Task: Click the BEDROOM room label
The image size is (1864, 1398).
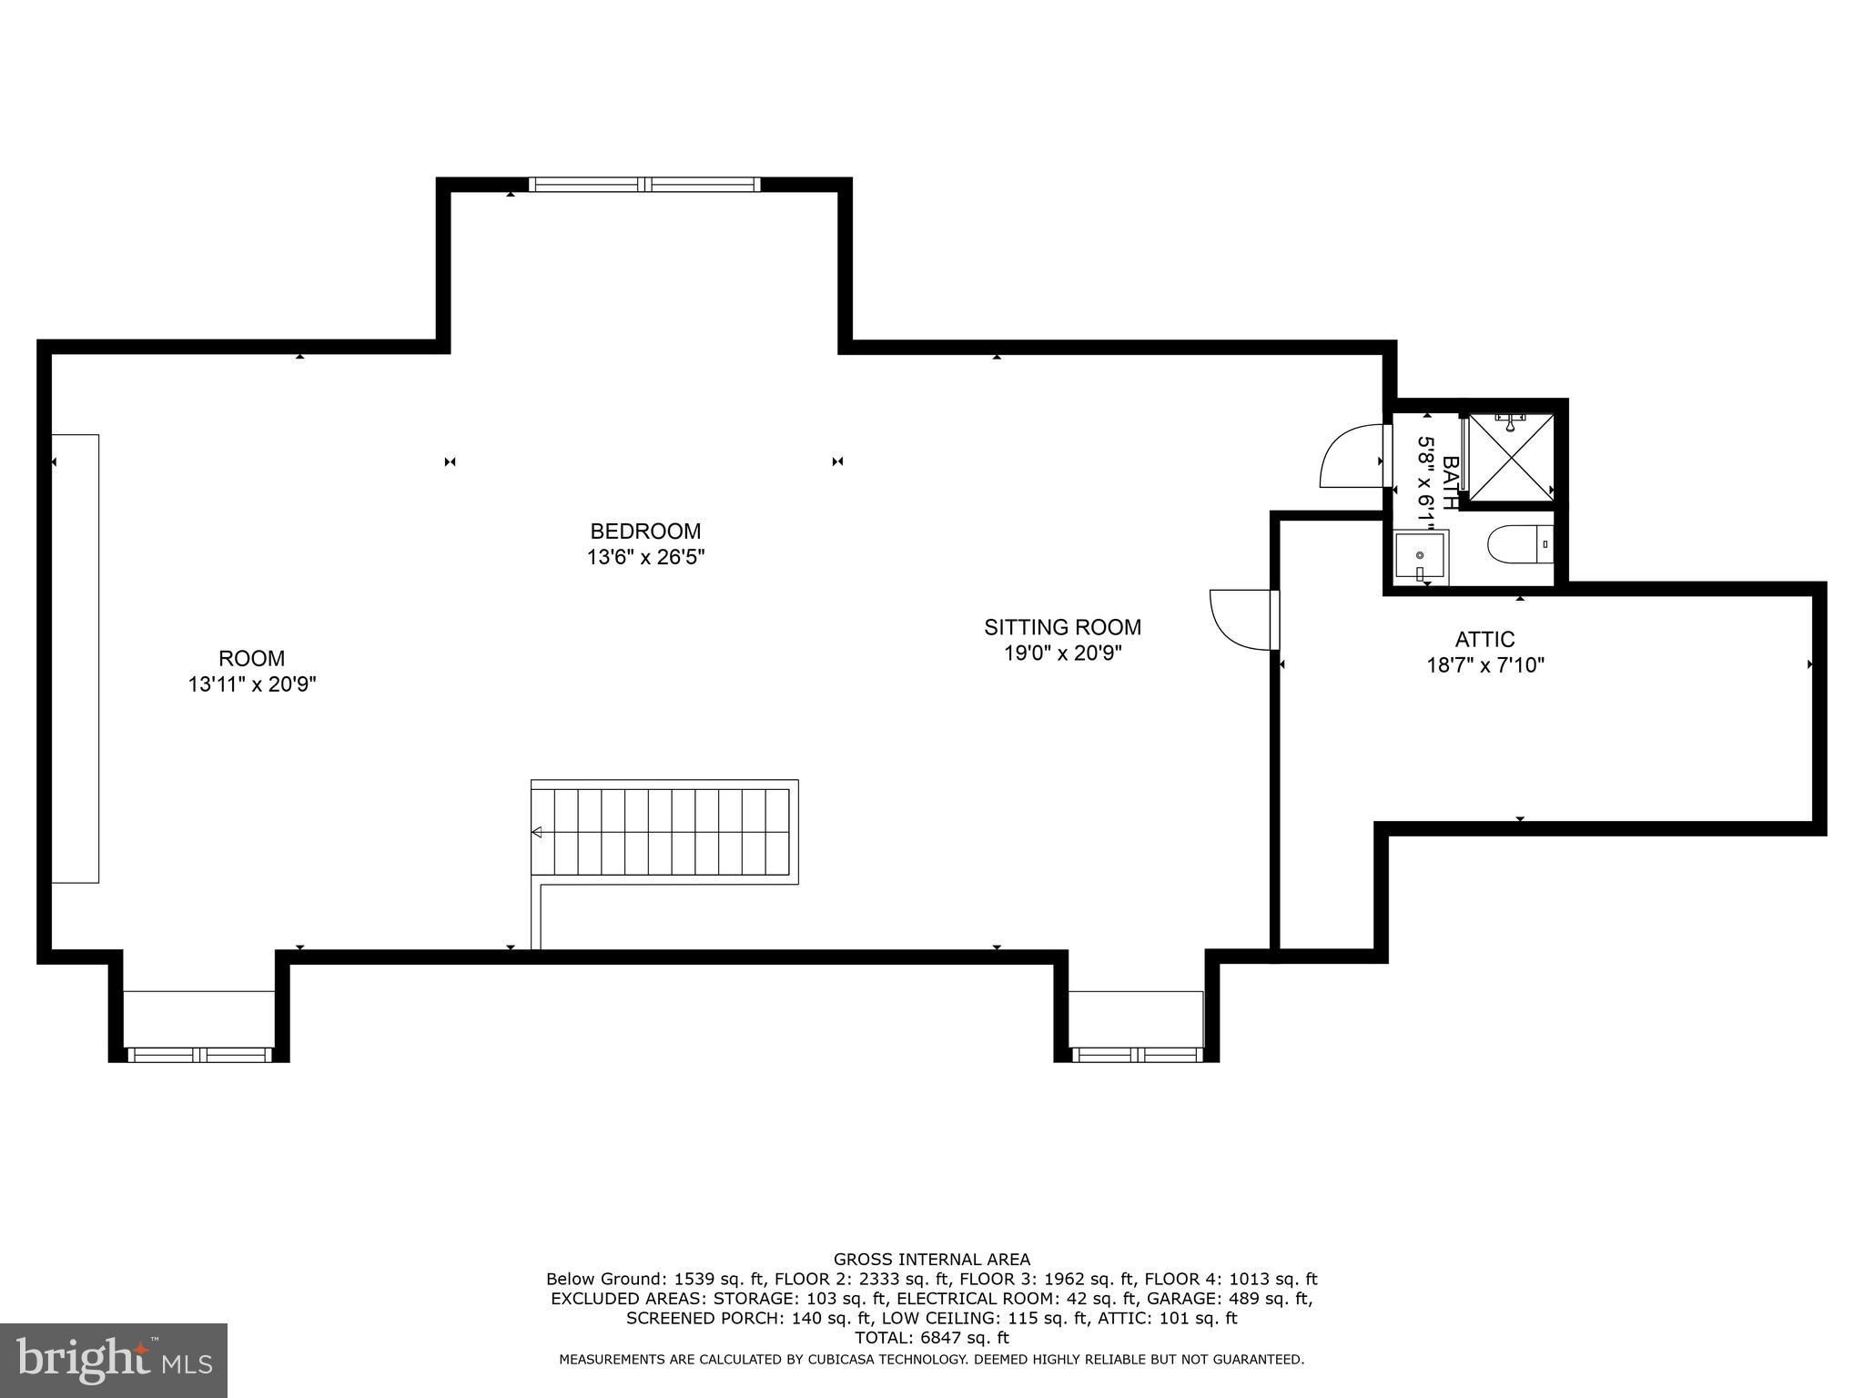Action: pyautogui.click(x=645, y=531)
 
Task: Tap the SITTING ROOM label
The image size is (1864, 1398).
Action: pyautogui.click(x=1062, y=627)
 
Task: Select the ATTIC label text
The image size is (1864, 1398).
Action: pyautogui.click(x=1484, y=640)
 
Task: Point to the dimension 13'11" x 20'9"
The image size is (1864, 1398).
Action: pyautogui.click(x=252, y=684)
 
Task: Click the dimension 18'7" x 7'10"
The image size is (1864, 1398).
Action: pyautogui.click(x=1485, y=665)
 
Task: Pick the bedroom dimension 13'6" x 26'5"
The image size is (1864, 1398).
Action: pyautogui.click(x=645, y=556)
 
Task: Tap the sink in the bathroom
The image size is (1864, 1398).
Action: pyautogui.click(x=1420, y=557)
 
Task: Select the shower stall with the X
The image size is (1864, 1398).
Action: pyautogui.click(x=1511, y=458)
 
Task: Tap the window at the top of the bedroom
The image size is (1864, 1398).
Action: pyautogui.click(x=644, y=184)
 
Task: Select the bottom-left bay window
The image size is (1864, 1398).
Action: pyautogui.click(x=199, y=1055)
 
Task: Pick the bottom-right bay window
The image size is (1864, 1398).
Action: pyautogui.click(x=1136, y=1055)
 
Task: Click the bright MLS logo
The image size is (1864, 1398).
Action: pyautogui.click(x=114, y=1360)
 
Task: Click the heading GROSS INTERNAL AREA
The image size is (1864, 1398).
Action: pyautogui.click(x=931, y=1260)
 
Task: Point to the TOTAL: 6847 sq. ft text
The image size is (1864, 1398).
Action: pyautogui.click(x=931, y=1338)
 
